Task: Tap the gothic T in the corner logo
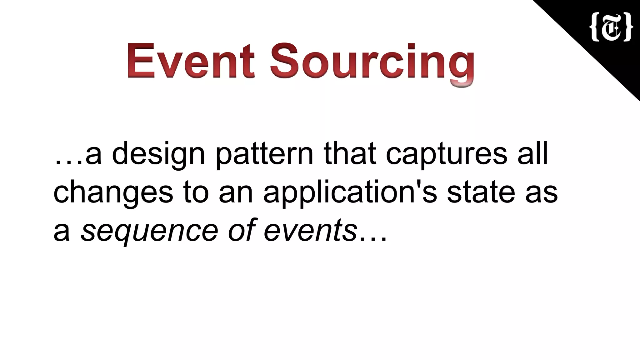coord(611,27)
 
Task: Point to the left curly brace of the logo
coord(594,27)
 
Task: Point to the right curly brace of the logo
coord(627,27)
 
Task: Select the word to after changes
coord(196,192)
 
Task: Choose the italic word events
coord(310,231)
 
